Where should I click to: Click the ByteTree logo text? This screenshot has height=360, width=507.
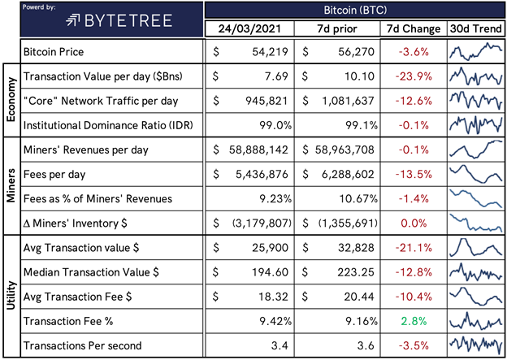(x=128, y=21)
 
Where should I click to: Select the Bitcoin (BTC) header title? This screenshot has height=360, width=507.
(x=355, y=10)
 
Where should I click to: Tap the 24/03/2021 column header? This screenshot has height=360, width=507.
(x=249, y=28)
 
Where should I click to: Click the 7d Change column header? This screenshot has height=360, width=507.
(x=414, y=28)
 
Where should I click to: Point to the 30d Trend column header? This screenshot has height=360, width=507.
(x=476, y=28)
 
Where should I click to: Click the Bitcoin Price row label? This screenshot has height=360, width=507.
(x=54, y=52)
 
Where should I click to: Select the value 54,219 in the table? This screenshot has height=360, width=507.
(x=270, y=52)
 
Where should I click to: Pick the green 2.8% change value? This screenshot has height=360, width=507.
(x=414, y=321)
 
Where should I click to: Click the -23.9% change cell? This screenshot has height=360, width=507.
(x=414, y=76)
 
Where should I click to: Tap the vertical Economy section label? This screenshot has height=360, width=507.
(x=11, y=99)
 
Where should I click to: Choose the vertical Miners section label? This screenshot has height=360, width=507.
(x=11, y=185)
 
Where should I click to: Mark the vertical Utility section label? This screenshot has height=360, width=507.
(x=11, y=295)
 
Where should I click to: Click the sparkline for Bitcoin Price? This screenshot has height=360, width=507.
(x=475, y=52)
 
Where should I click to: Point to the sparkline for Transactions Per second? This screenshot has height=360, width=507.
(x=475, y=345)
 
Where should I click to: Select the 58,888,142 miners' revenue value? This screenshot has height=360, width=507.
(x=258, y=150)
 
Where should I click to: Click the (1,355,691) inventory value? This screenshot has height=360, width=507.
(x=348, y=223)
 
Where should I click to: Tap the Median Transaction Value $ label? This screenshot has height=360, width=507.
(x=91, y=272)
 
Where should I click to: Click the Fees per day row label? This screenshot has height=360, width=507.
(x=54, y=175)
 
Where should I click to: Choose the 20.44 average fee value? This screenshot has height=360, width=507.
(x=359, y=297)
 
